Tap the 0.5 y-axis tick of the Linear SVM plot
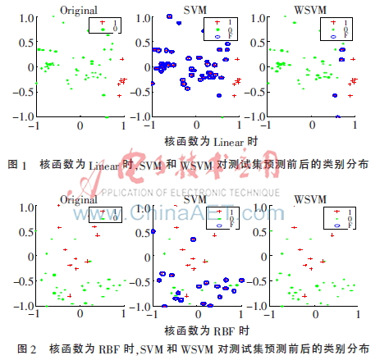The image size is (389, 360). (138, 42)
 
